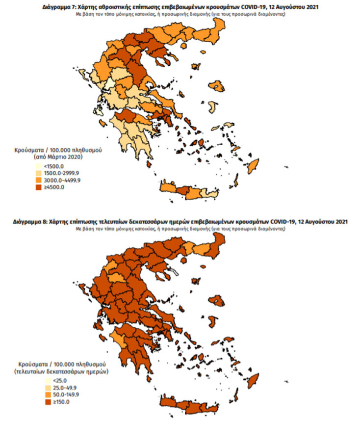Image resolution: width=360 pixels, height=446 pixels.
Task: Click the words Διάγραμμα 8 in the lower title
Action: pos(29,222)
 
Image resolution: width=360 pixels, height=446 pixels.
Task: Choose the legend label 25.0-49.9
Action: pos(55,388)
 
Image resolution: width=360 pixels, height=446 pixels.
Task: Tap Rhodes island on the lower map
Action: pos(255,380)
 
